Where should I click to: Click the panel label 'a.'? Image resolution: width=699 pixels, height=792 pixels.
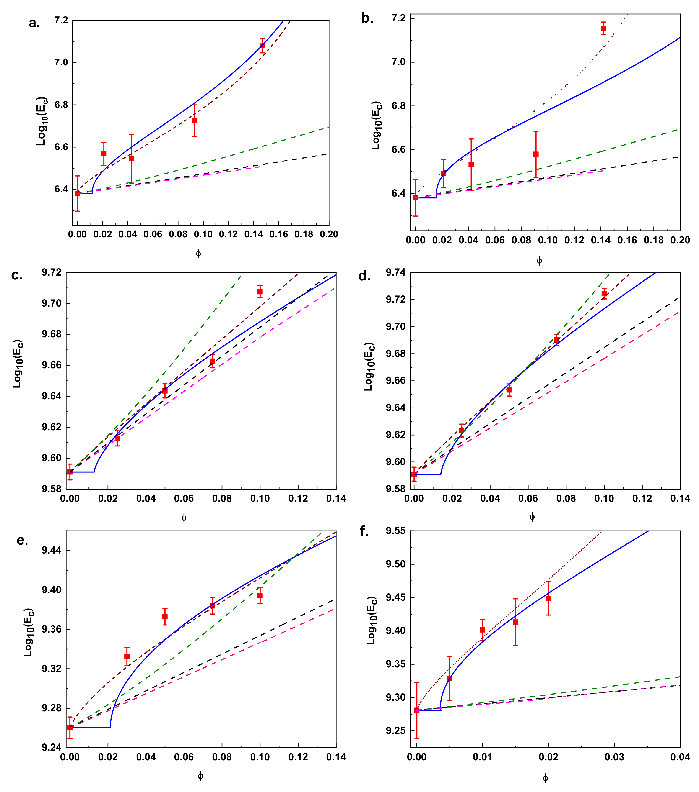[x=34, y=23]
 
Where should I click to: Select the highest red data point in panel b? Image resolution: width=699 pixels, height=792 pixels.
[x=603, y=28]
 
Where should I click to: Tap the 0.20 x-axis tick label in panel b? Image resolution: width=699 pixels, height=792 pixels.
[x=680, y=240]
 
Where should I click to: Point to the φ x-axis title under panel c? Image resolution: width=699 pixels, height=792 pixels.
[x=184, y=518]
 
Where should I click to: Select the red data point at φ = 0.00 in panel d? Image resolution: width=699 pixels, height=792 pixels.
[x=414, y=474]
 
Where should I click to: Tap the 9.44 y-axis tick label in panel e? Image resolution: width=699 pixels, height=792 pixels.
[x=52, y=550]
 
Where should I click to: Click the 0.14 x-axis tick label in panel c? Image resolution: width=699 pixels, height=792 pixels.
[x=335, y=499]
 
